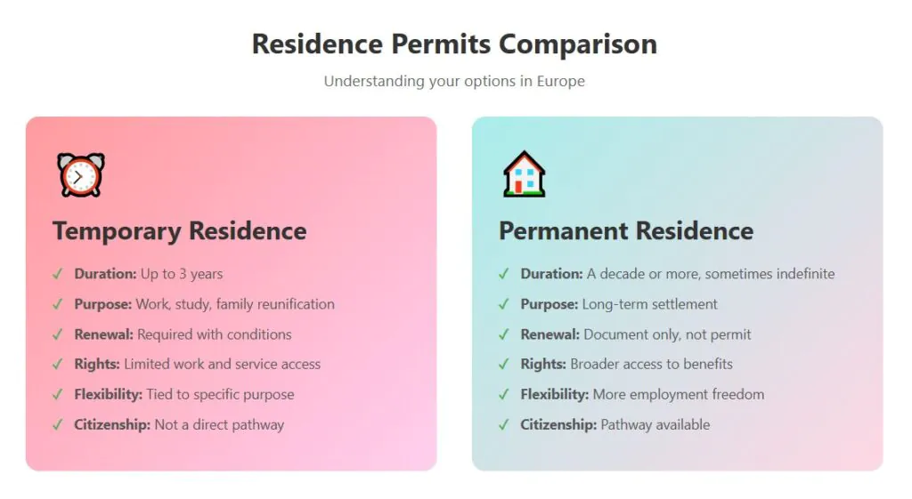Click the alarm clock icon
pyautogui.click(x=81, y=175)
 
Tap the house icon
pyautogui.click(x=524, y=173)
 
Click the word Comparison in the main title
pyautogui.click(x=577, y=44)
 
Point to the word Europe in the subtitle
pyautogui.click(x=561, y=81)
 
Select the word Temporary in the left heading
pyautogui.click(x=117, y=231)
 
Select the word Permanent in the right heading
pyautogui.click(x=563, y=230)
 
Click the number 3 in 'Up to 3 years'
pyautogui.click(x=183, y=274)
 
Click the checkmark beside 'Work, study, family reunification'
pyautogui.click(x=57, y=304)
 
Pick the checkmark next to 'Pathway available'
pyautogui.click(x=504, y=424)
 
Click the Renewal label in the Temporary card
pyautogui.click(x=103, y=334)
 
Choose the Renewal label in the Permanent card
pyautogui.click(x=550, y=334)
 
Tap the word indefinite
pyautogui.click(x=805, y=274)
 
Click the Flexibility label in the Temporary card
pyautogui.click(x=108, y=394)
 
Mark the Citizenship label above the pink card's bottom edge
pyautogui.click(x=111, y=424)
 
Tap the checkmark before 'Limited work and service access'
pyautogui.click(x=57, y=364)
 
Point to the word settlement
pyautogui.click(x=683, y=304)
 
